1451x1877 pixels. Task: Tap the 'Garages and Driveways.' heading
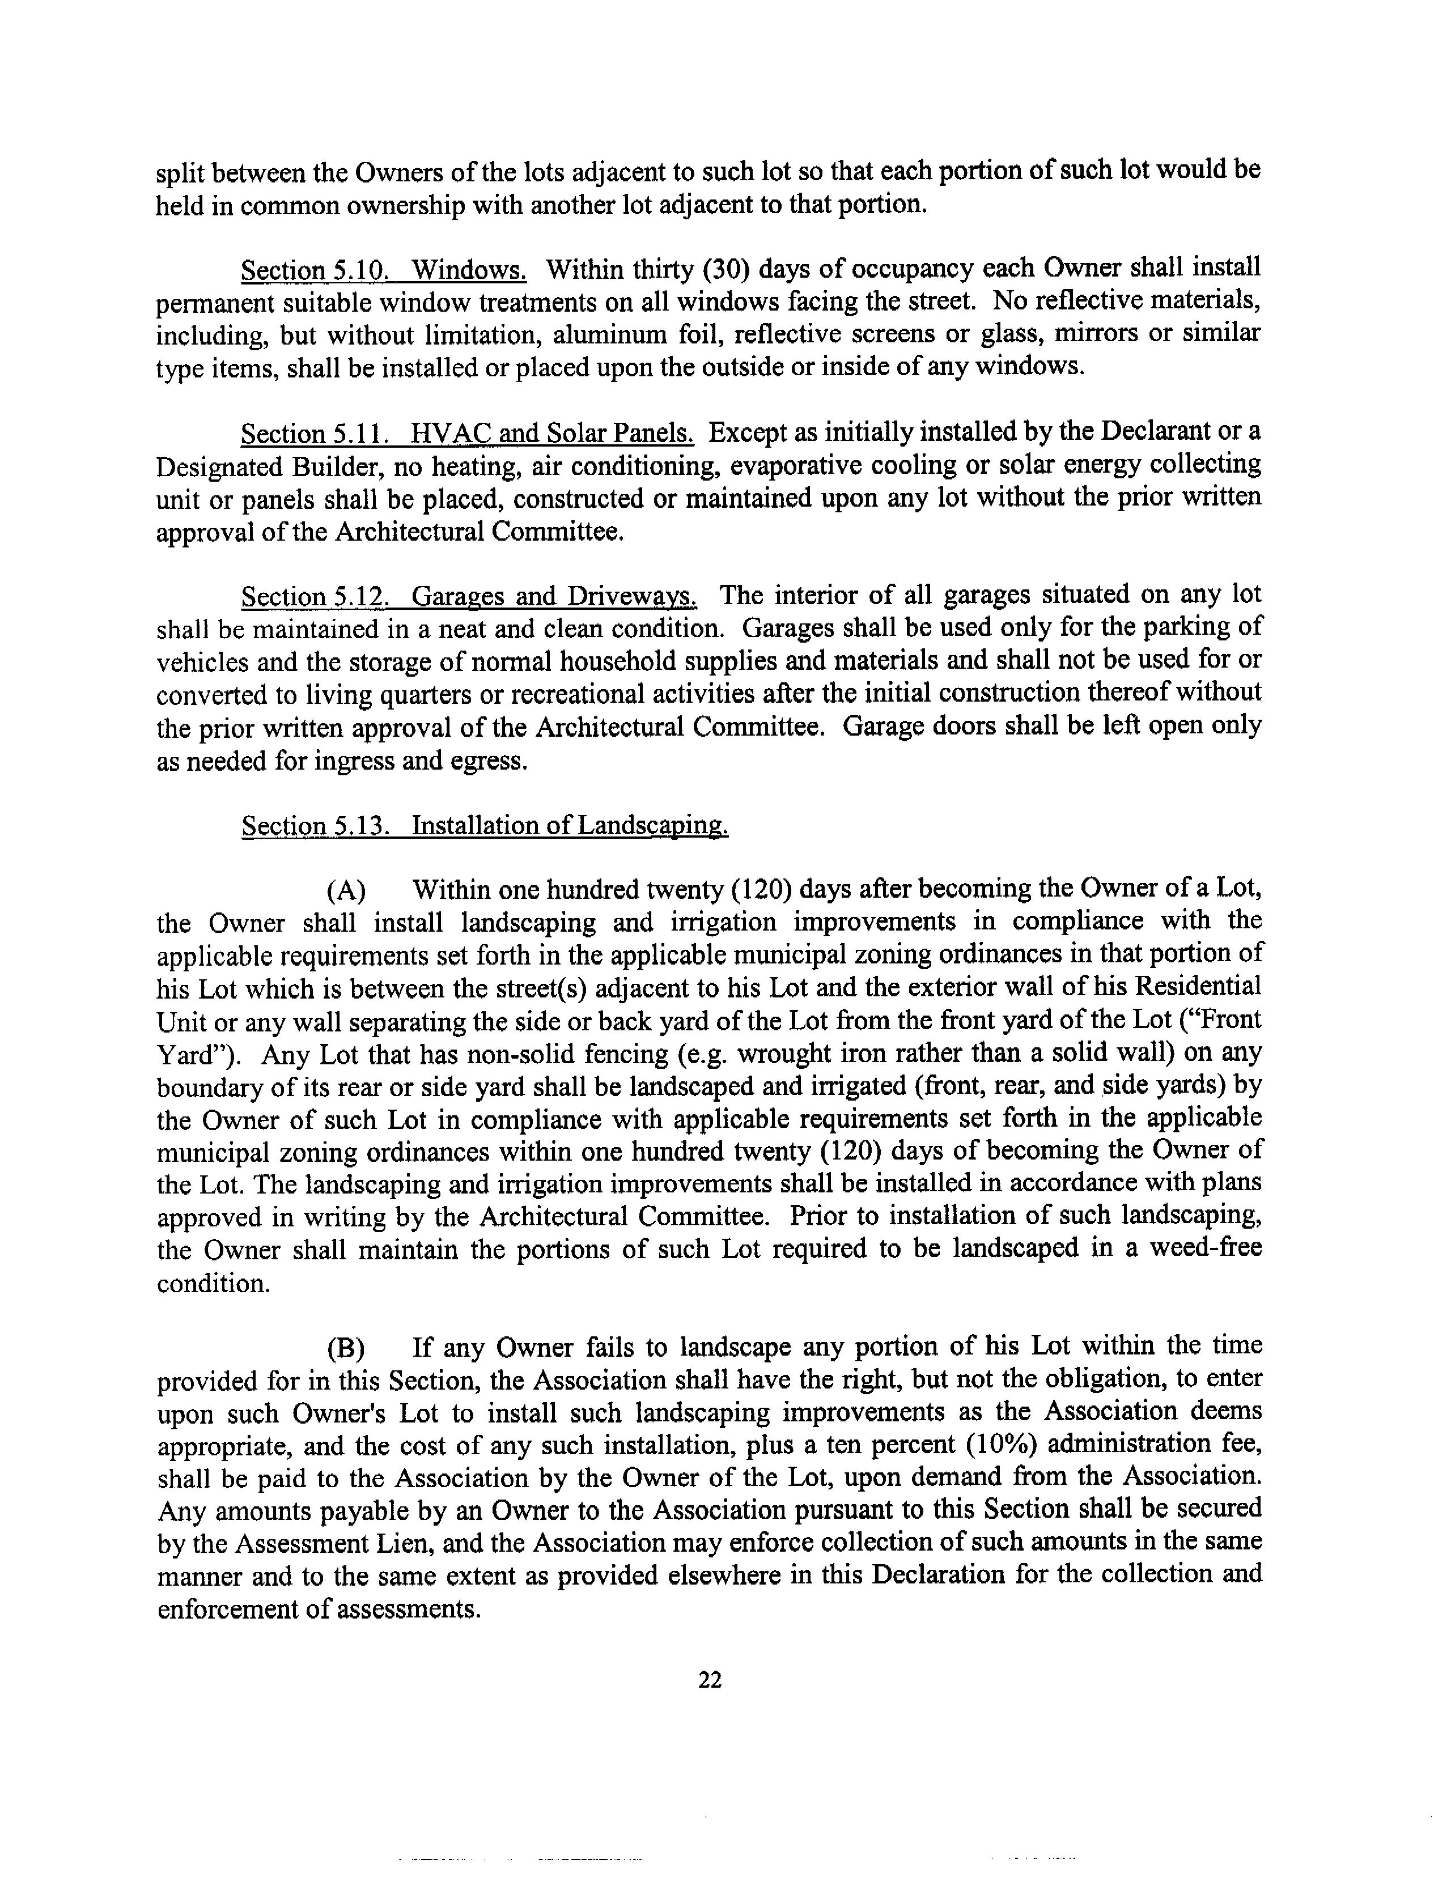point(554,596)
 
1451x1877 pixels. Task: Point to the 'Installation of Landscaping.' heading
point(570,826)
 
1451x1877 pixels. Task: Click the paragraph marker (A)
point(346,890)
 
